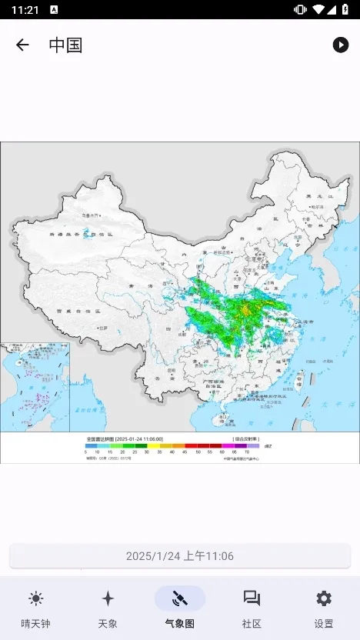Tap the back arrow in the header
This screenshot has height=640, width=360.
click(x=22, y=45)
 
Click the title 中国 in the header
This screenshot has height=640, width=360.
click(x=65, y=45)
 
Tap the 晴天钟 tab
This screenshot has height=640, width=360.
click(x=35, y=609)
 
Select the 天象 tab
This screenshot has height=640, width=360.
click(x=108, y=609)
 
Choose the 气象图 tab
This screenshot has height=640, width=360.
click(x=180, y=609)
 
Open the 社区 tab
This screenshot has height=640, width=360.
click(x=252, y=609)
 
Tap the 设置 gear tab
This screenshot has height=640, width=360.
click(x=324, y=609)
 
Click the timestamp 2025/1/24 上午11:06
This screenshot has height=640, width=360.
click(x=180, y=555)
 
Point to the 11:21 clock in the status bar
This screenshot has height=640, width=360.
click(x=25, y=9)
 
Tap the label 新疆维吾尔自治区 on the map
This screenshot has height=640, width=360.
click(x=80, y=234)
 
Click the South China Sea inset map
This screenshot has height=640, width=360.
click(x=35, y=387)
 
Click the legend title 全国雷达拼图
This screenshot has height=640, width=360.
click(x=99, y=438)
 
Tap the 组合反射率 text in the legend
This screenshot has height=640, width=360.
click(x=244, y=438)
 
